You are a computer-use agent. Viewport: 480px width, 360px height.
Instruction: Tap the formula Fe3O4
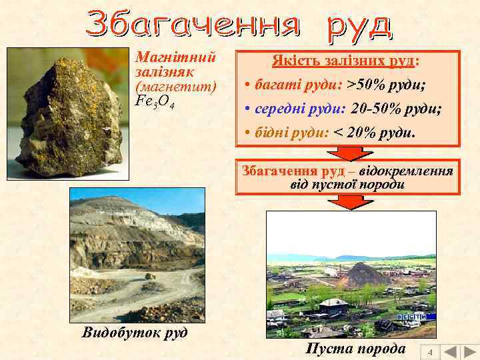coord(155,101)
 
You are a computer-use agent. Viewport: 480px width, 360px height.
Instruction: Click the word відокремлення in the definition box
coord(411,170)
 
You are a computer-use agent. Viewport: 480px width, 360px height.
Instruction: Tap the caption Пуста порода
coord(355,349)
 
